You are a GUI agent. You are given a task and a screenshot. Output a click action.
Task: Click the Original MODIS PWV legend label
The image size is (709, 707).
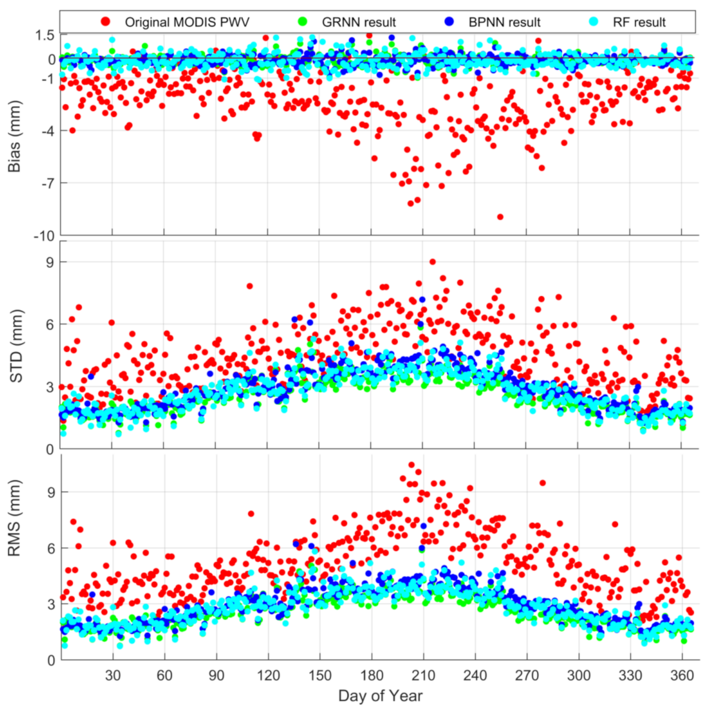[x=187, y=23]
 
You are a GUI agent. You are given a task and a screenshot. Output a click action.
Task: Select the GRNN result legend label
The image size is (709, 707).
[x=359, y=23]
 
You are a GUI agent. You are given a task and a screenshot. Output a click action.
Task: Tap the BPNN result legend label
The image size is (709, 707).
[x=504, y=23]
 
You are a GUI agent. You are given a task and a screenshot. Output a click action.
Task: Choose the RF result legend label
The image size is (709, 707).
[x=639, y=23]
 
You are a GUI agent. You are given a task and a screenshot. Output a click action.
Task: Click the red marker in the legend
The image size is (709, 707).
[x=105, y=22]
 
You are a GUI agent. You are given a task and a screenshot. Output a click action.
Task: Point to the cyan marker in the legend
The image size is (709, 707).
[x=594, y=22]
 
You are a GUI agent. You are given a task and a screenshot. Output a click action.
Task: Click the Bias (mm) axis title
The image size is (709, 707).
[x=15, y=136]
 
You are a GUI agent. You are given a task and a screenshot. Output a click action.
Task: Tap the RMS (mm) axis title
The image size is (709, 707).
[x=15, y=518]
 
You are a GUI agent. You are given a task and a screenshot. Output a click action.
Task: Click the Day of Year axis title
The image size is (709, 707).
[x=380, y=696]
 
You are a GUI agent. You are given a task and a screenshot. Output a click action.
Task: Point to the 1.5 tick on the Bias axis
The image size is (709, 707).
[x=45, y=35]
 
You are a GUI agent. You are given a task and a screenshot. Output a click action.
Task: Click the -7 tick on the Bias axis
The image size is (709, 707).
[x=48, y=183]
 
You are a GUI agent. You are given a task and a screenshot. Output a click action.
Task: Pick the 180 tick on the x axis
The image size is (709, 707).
[x=371, y=676]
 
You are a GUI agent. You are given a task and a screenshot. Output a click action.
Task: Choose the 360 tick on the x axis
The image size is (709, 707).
[x=682, y=676]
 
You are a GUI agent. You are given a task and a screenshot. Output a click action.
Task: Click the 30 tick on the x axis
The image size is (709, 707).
[x=113, y=676]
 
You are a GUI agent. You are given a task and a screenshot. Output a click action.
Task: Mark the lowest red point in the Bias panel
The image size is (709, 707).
[x=500, y=217]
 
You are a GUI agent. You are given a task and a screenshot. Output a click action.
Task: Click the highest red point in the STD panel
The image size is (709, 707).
[x=433, y=262]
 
